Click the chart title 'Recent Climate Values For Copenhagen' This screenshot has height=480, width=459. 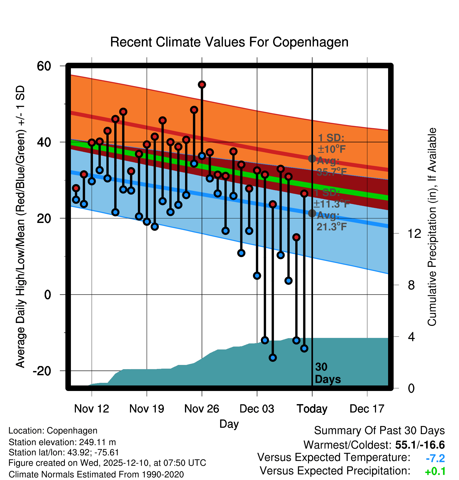point(229,42)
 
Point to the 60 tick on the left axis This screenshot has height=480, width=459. point(44,66)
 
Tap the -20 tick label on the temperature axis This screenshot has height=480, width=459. point(42,371)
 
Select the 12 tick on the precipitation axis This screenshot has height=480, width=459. point(414,233)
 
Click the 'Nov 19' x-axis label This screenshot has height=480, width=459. point(147,409)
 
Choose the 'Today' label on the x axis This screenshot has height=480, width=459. point(312,409)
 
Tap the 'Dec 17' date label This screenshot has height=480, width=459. point(367,409)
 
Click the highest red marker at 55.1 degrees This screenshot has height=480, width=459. point(202,85)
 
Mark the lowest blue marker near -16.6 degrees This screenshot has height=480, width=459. point(273,358)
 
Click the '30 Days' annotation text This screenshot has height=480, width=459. point(327,373)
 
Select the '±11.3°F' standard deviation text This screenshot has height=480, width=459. point(331,204)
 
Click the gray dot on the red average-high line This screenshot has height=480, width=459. point(312,159)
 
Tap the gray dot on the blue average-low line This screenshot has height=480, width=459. point(312,213)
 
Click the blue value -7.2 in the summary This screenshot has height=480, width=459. point(435,458)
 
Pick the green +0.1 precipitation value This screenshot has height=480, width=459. point(435,472)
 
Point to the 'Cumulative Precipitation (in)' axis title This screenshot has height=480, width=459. point(432,227)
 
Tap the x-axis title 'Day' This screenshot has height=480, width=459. point(229,424)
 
